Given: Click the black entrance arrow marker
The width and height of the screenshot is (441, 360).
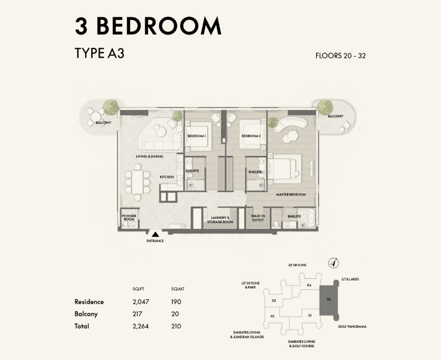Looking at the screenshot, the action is pos(155,234).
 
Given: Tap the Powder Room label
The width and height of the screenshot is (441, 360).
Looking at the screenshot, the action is pos(129,218).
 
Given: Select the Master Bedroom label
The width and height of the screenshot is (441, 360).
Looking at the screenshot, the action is pos(291,194).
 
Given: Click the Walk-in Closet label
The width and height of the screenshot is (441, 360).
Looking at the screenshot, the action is pos(258,218).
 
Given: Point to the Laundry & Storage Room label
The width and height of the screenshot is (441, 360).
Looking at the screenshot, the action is pos(220,220).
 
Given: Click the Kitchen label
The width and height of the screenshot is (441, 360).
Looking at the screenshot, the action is pos(167,177).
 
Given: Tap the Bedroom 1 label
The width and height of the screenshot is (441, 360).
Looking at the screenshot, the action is pos(197,136).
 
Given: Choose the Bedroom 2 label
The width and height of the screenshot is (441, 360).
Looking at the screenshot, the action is pos(251,136).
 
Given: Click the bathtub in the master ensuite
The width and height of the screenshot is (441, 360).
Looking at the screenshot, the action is pos(311,218).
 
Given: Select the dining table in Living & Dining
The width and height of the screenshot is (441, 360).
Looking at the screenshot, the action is pos(137,183).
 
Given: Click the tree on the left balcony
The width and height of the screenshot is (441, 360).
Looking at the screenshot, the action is pos(111,107).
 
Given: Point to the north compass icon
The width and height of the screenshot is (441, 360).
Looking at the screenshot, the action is pos(334,263).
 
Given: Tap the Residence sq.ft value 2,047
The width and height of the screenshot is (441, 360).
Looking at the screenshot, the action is pos(141,302).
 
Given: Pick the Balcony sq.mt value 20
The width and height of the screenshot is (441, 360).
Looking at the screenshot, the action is pos(175,314).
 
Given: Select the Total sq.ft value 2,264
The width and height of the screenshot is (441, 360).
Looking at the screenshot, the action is pos(141,326).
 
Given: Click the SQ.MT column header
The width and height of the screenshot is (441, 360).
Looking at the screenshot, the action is pos(178,289).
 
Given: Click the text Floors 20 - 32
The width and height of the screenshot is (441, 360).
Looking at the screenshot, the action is pos(340,56).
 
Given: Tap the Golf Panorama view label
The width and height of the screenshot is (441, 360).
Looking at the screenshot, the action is pos(352,327).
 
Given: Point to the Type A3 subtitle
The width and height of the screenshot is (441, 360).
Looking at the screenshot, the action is pos(100,53).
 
